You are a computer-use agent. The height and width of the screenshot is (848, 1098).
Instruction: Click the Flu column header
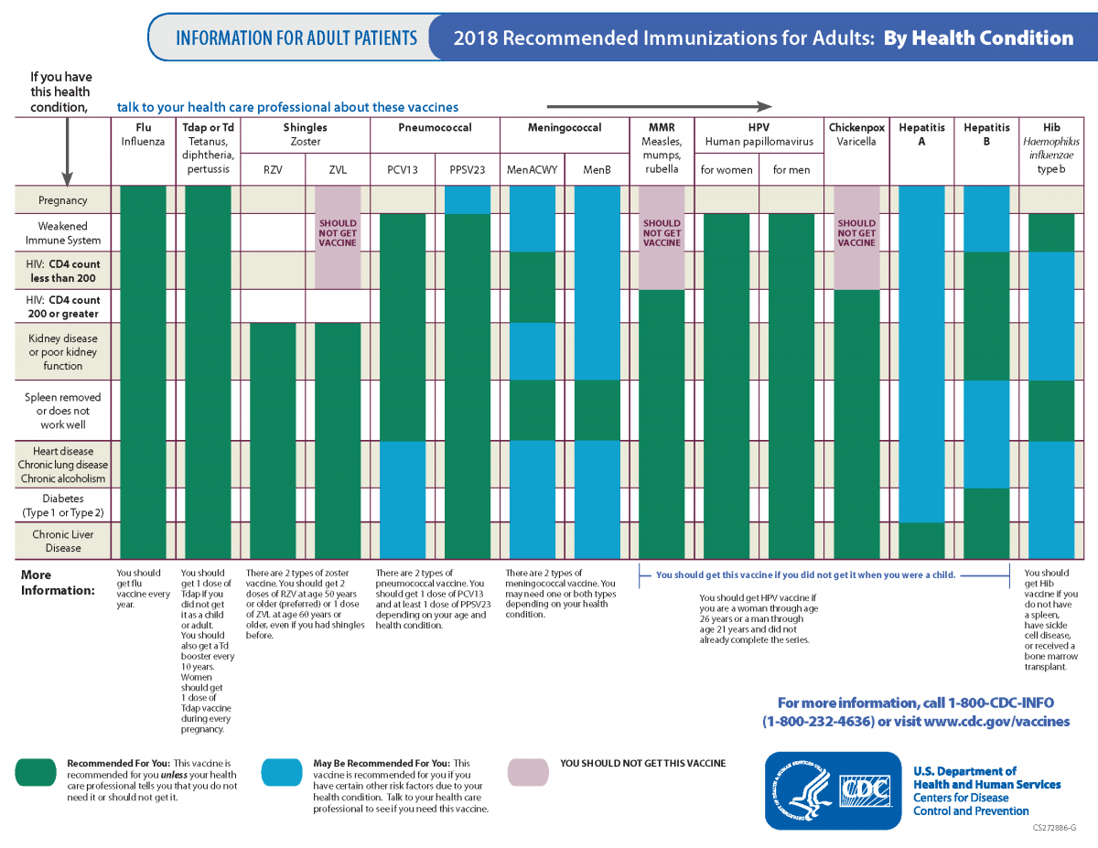tap(143, 134)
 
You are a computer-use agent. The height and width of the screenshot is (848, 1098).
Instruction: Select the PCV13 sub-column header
tap(403, 169)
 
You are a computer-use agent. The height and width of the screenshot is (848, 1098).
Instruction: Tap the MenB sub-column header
tap(597, 169)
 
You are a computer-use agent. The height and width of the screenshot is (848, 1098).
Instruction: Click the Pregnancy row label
tap(63, 200)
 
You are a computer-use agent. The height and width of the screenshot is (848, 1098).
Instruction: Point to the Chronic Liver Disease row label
tap(63, 541)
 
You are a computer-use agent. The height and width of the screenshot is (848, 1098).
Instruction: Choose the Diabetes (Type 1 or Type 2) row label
tap(63, 505)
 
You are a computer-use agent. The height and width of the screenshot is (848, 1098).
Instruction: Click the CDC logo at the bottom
tap(833, 790)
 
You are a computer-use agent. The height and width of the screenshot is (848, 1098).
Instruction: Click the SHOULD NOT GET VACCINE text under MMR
tap(662, 232)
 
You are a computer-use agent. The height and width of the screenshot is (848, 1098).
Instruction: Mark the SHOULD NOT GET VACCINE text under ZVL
tap(338, 232)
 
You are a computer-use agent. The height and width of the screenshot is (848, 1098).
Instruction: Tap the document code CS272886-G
tap(1054, 828)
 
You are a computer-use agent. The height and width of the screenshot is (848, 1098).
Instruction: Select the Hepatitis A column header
tap(921, 134)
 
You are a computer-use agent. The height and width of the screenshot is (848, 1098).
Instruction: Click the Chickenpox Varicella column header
tap(856, 134)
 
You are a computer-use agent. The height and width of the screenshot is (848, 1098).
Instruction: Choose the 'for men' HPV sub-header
tap(791, 169)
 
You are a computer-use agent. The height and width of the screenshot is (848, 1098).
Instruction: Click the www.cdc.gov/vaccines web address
tap(996, 721)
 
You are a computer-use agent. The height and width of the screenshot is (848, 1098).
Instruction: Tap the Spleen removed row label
tap(63, 411)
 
